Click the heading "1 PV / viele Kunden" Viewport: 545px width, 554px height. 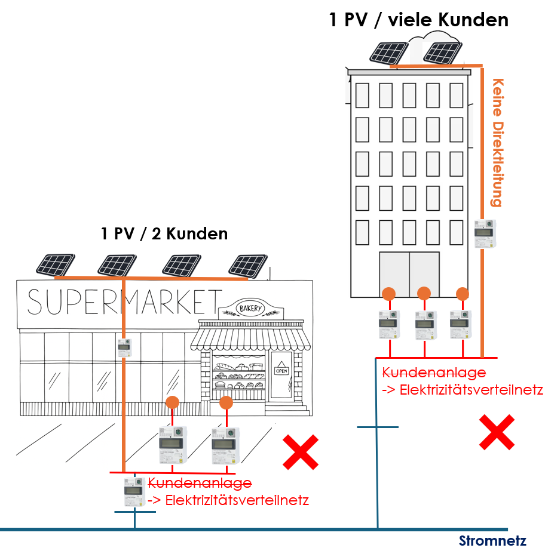point(418,20)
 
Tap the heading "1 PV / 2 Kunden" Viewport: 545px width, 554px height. point(164,233)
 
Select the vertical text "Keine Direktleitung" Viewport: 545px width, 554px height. point(497,143)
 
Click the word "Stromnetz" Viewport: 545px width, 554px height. point(492,541)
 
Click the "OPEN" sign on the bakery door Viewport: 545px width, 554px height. point(281,370)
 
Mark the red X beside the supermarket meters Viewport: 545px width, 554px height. point(300,452)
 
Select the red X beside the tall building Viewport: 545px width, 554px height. point(497,432)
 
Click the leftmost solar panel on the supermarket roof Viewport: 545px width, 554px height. point(54,264)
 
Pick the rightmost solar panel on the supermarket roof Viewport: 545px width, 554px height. point(247,266)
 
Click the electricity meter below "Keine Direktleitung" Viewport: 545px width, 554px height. point(485,233)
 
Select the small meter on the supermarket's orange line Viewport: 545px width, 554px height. point(124,347)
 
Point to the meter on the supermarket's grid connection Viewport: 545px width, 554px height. point(134,492)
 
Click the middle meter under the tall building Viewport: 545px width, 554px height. point(425,324)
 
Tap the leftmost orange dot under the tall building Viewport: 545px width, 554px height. point(388,294)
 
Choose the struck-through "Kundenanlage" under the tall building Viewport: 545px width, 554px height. point(434,373)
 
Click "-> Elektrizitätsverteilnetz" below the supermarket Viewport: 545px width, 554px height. point(228,500)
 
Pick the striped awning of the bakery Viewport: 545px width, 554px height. point(251,338)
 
